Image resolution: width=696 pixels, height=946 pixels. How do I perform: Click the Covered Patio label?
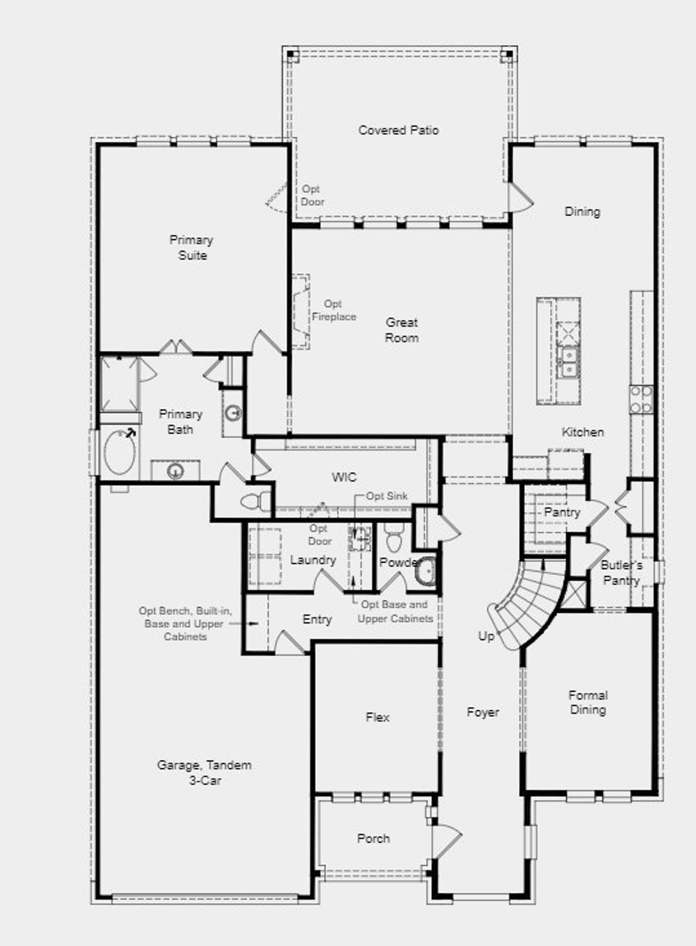point(399,130)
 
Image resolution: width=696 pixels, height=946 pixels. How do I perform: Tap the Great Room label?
point(402,330)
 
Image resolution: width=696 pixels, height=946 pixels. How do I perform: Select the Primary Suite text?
point(191,247)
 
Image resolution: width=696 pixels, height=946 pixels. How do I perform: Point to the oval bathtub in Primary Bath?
point(120,452)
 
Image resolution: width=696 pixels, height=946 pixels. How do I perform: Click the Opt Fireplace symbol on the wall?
point(301,311)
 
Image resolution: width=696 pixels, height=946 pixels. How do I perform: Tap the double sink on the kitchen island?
point(569,362)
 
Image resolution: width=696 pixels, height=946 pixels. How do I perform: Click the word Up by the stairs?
point(486,636)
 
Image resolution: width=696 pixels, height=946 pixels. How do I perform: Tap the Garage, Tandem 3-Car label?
point(204,773)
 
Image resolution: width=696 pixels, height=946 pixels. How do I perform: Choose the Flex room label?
point(377,717)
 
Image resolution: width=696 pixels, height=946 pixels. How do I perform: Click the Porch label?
point(374,838)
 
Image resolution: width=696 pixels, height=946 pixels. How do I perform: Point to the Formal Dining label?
point(588,702)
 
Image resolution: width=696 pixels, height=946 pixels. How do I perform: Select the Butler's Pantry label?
point(622,573)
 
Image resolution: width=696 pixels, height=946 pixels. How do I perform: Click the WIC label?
point(344,477)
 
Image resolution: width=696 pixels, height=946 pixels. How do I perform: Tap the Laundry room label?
point(313,560)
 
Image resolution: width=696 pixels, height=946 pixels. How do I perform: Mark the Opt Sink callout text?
point(387,496)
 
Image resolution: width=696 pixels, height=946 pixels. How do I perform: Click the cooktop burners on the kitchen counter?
point(642,399)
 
